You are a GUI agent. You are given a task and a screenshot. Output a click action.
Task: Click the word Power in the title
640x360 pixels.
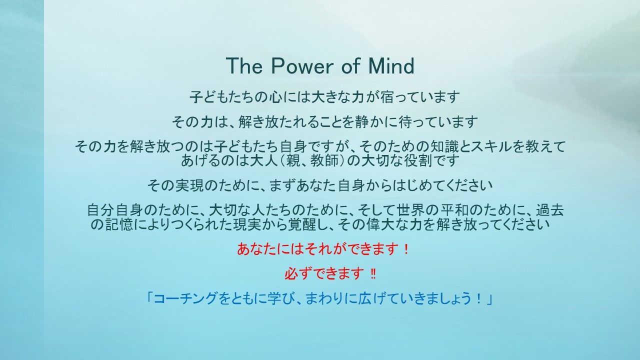[x=302, y=65]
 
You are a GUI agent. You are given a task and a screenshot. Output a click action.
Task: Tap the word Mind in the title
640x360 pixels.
[x=391, y=65]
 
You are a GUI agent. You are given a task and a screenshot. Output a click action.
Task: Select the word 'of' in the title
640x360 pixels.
[x=350, y=65]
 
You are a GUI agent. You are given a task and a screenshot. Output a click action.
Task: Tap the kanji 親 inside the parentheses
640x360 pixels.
[x=293, y=161]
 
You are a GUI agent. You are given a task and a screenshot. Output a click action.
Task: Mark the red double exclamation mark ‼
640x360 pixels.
[x=373, y=274]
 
